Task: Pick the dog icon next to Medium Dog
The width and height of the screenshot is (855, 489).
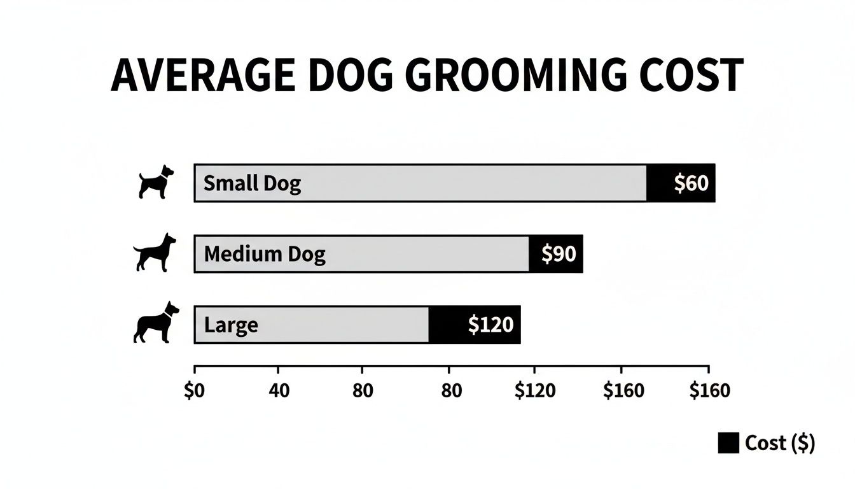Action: pos(155,253)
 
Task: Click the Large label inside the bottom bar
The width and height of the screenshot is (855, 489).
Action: pos(231,325)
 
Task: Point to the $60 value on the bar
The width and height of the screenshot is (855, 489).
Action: pos(691,184)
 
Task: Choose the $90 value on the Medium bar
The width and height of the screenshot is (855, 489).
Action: pos(558,255)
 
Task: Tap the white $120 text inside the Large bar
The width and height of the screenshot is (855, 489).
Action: pos(490,325)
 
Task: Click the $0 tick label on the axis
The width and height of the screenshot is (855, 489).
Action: pos(195,391)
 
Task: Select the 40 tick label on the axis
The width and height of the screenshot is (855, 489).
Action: pos(279,391)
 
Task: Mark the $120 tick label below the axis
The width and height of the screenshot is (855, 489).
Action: pos(534,391)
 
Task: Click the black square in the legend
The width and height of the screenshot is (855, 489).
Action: pos(728,443)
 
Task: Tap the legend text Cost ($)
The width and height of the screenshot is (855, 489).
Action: pos(779,443)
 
